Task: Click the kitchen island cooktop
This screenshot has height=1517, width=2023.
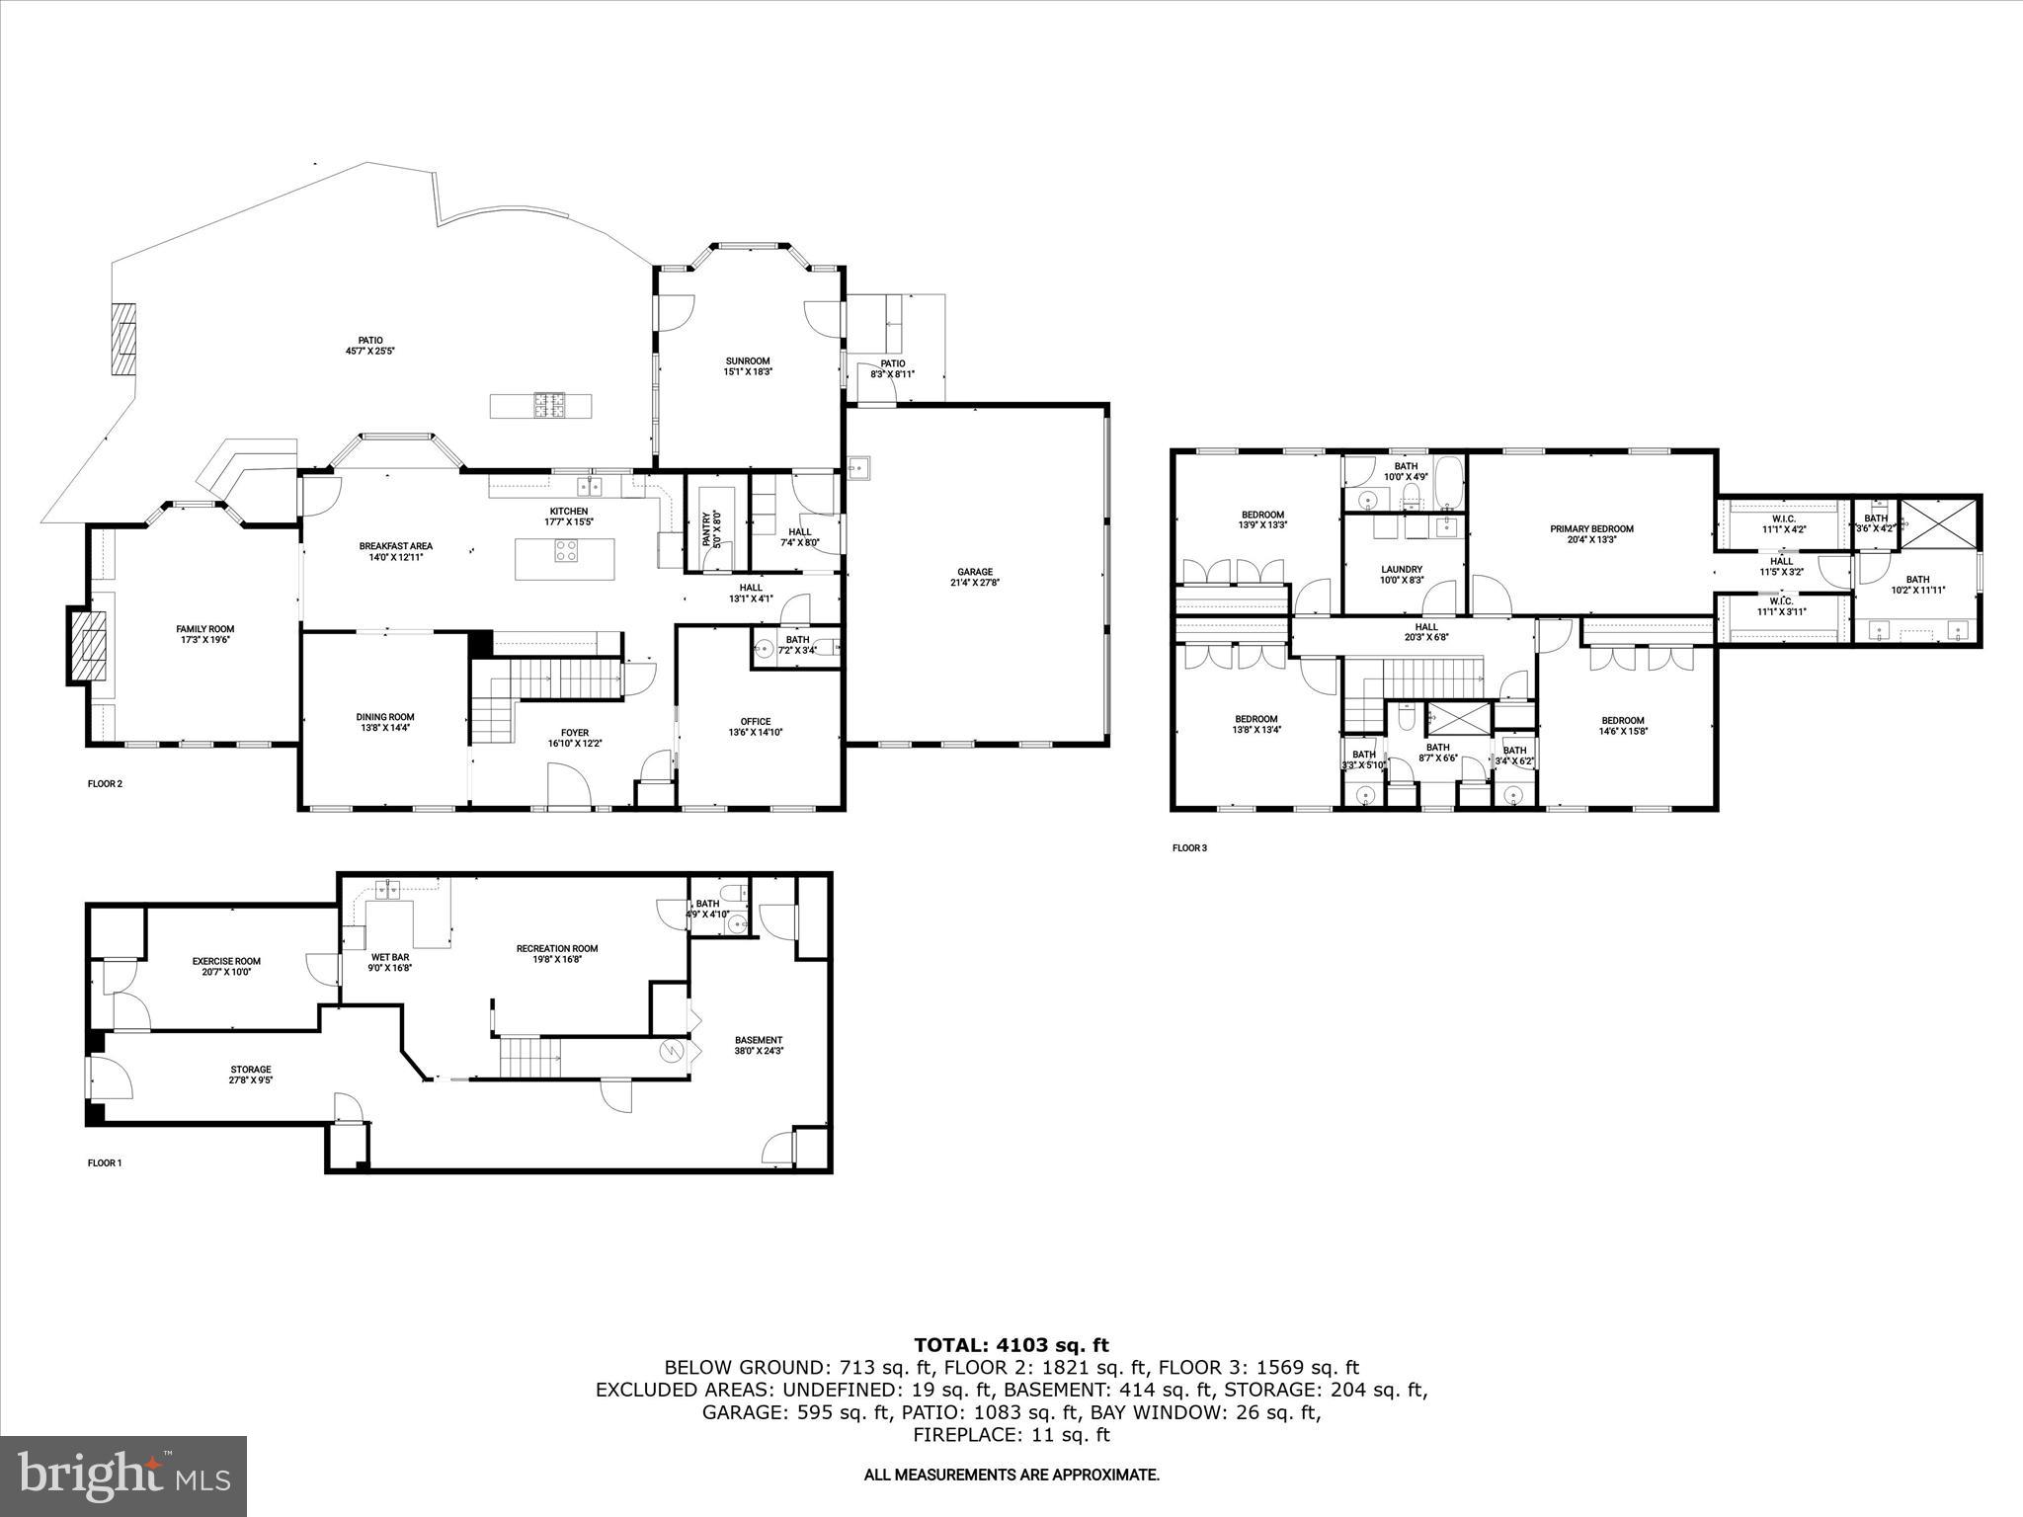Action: tap(567, 550)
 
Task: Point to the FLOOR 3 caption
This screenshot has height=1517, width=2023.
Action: tap(1189, 847)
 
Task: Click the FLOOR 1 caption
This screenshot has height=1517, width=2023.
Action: tap(105, 1162)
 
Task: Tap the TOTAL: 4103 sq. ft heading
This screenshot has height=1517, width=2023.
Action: tap(1011, 1345)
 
